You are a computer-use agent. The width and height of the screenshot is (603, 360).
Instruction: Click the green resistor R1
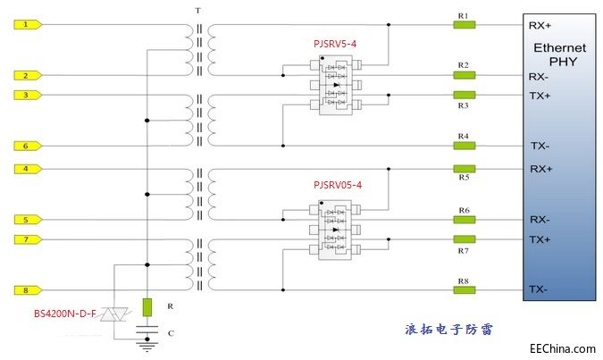pyautogui.click(x=464, y=25)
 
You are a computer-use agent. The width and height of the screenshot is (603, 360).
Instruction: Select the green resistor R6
pyautogui.click(x=464, y=219)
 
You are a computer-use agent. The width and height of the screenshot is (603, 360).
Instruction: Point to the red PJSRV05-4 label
pyautogui.click(x=338, y=185)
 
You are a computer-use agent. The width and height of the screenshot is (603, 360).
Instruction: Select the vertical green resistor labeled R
pyautogui.click(x=147, y=306)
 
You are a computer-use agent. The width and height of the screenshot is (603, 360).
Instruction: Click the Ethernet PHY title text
pyautogui.click(x=559, y=54)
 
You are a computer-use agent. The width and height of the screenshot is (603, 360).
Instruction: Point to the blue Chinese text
pyautogui.click(x=448, y=328)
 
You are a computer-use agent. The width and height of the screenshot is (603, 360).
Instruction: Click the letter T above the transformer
pyautogui.click(x=197, y=10)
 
